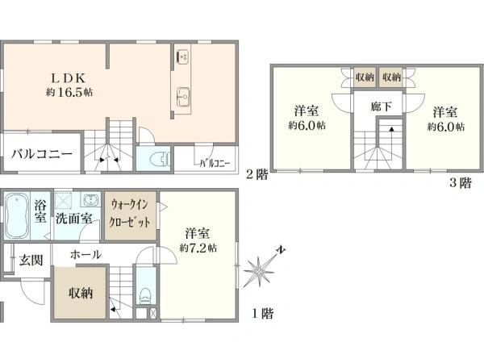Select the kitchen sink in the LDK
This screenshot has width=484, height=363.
click(182, 93)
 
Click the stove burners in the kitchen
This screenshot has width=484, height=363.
click(182, 57)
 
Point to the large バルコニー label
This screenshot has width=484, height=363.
click(42, 155)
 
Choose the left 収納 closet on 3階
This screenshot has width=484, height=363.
click(365, 77)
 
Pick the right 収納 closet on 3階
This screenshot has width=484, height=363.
click(392, 77)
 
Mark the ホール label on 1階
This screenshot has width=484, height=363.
click(86, 255)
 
